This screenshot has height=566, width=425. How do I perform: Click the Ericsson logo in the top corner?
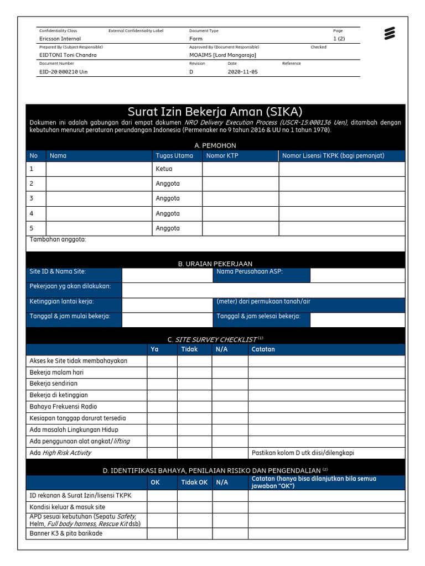tap(390, 34)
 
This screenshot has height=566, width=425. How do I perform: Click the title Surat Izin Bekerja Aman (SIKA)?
tap(215, 111)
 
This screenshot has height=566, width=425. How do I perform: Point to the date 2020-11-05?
tap(242, 72)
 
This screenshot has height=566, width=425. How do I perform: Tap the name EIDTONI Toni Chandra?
tap(68, 55)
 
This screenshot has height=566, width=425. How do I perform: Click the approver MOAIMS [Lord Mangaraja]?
tap(222, 55)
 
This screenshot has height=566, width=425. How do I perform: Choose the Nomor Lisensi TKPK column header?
tap(333, 156)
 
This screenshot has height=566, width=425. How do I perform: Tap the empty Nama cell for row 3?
tap(99, 198)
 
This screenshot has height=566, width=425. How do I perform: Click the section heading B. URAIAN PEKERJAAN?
tap(215, 264)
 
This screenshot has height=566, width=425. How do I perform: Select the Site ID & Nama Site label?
tap(58, 272)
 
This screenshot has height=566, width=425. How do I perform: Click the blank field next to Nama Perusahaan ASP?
tap(357, 275)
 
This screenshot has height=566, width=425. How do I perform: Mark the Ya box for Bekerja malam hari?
tap(162, 373)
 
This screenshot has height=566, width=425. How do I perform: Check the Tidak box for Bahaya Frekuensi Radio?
tap(194, 407)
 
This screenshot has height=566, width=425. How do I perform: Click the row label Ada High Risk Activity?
tap(60, 453)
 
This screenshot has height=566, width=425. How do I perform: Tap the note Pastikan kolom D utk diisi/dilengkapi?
tap(303, 453)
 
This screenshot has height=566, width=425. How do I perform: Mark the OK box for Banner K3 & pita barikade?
tap(162, 534)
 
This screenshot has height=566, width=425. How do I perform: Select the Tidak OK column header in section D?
tap(194, 483)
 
